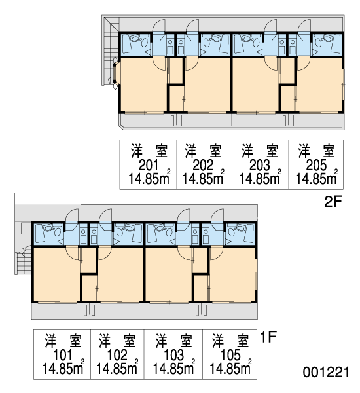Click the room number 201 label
(149, 165)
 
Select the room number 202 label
(203, 165)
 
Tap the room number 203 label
(260, 165)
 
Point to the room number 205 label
(316, 165)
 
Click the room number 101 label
(63, 355)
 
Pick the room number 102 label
(117, 355)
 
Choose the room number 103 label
(173, 355)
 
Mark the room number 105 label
(230, 355)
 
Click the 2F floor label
(333, 202)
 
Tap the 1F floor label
(268, 337)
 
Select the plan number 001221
(326, 372)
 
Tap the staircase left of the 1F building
(24, 261)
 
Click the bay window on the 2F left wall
(117, 73)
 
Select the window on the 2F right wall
(343, 84)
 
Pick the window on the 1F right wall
(256, 274)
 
